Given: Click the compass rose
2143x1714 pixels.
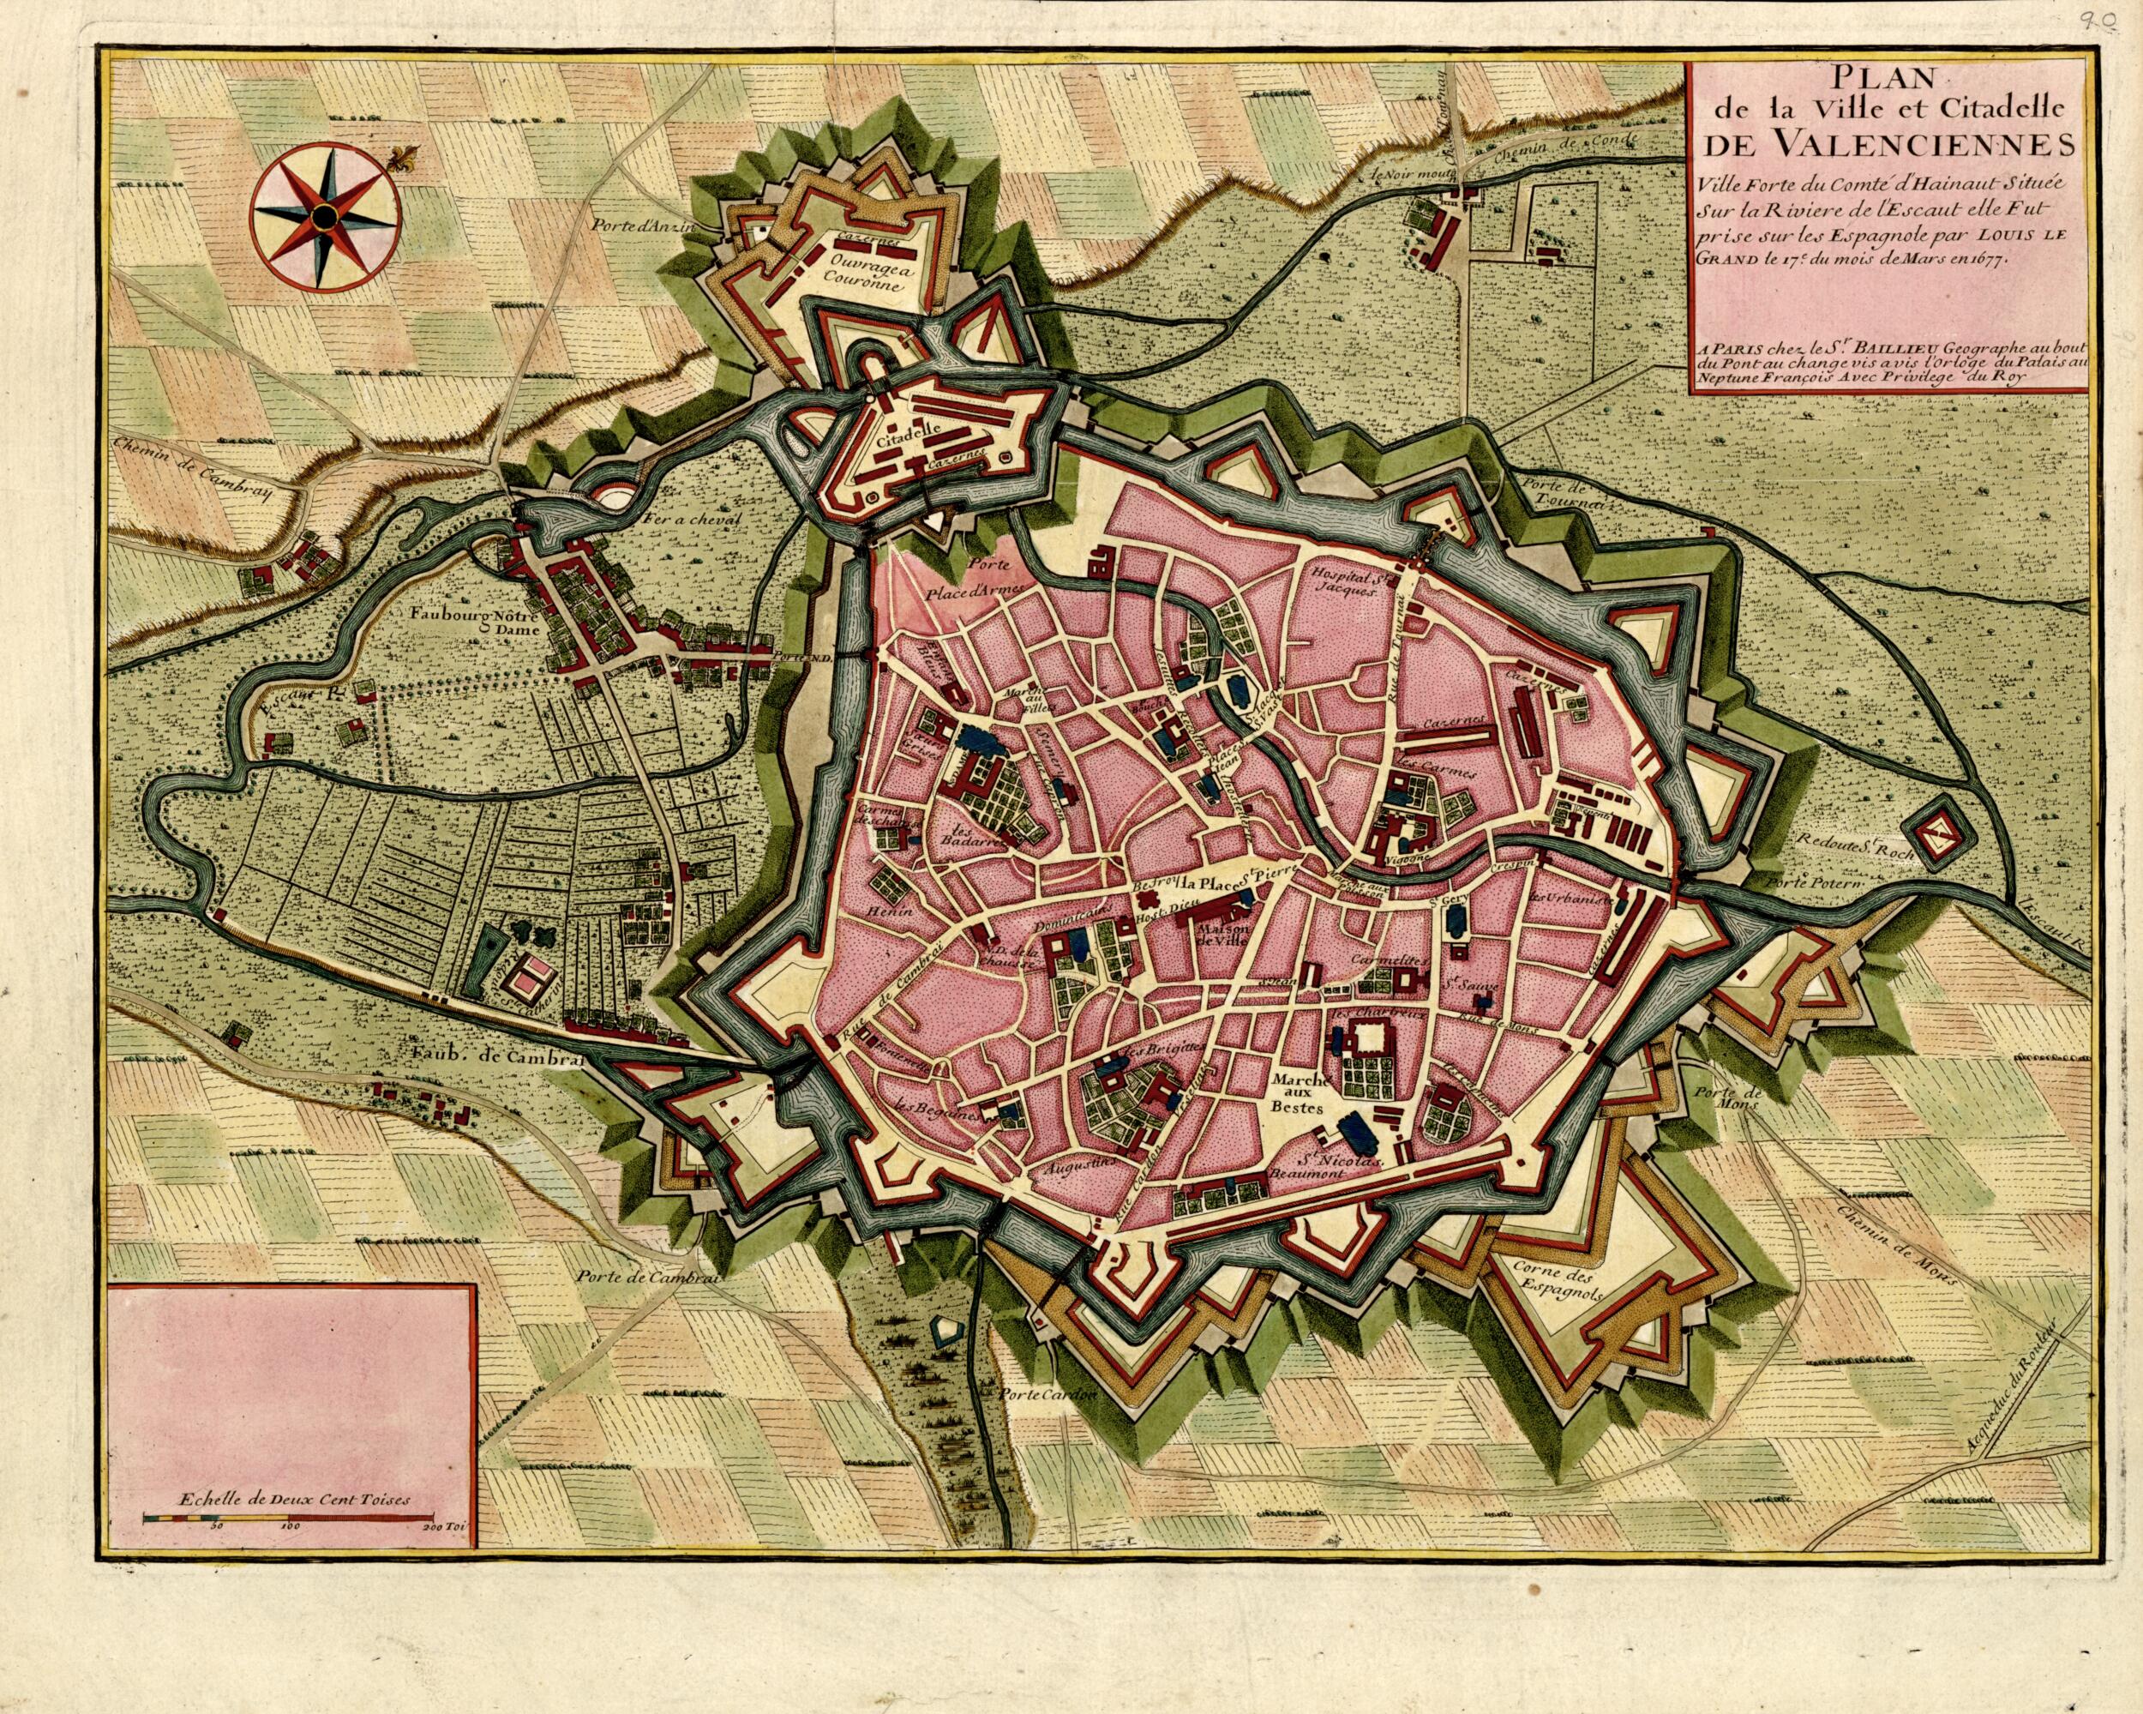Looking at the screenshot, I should (x=322, y=216).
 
